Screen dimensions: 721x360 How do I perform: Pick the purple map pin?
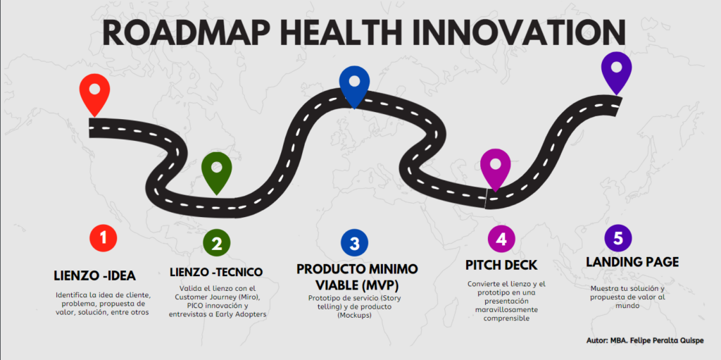[x=616, y=69]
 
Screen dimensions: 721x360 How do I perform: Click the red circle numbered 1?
[x=104, y=238]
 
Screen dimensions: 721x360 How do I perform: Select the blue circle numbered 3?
[x=355, y=243]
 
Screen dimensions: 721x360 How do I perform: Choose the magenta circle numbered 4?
[x=501, y=240]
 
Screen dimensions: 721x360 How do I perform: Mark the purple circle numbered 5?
[x=618, y=238]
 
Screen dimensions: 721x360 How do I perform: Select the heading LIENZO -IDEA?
[x=95, y=275]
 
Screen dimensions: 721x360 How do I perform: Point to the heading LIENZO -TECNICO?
[x=216, y=272]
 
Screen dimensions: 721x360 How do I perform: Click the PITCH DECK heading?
[x=501, y=266]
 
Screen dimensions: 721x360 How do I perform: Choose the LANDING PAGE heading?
[x=632, y=262]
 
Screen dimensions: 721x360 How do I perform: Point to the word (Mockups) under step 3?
[x=354, y=316]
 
